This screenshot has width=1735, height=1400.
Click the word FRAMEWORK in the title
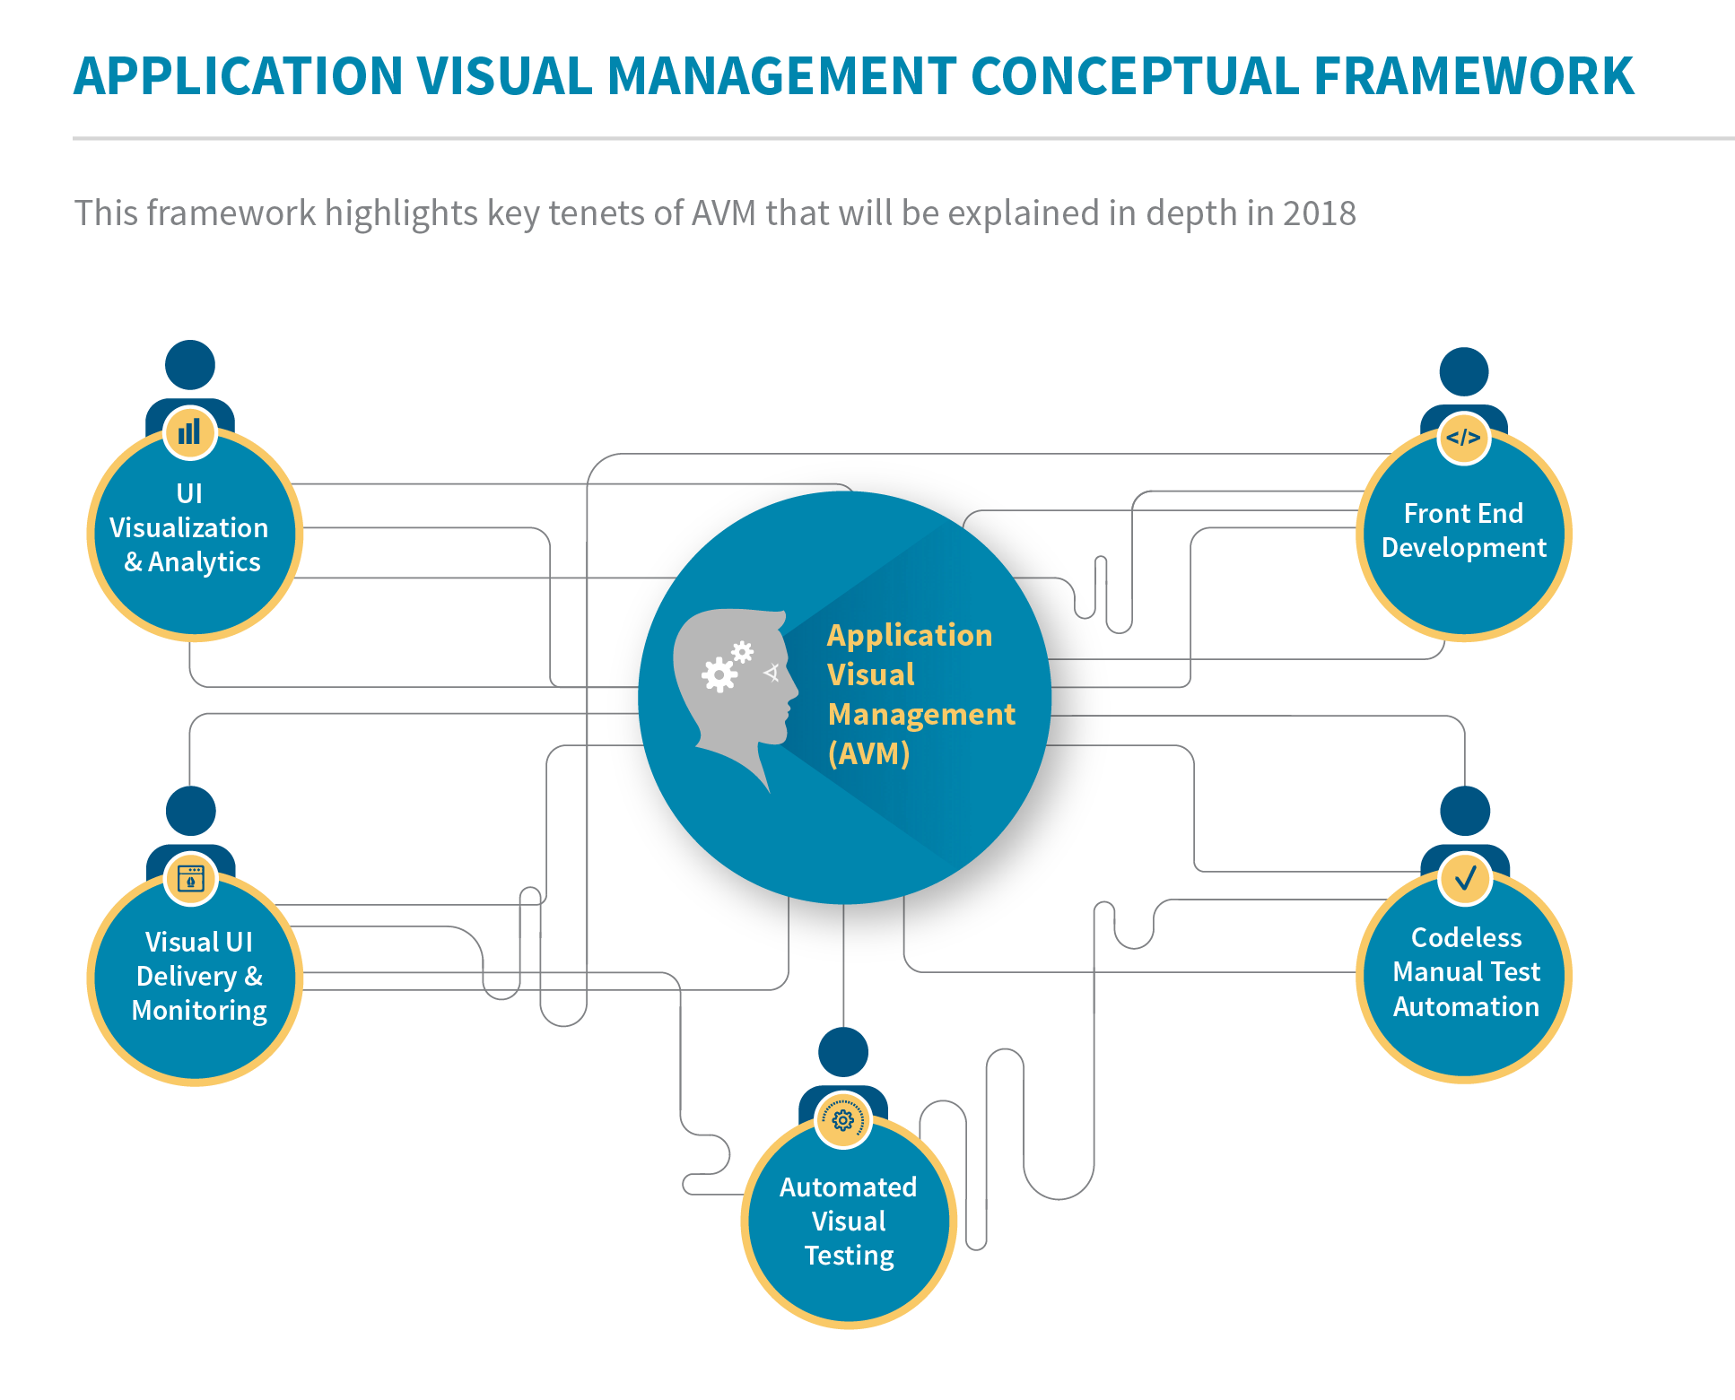tap(1473, 76)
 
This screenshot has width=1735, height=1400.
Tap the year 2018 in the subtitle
tap(1319, 213)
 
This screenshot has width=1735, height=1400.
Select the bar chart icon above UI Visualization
tap(189, 432)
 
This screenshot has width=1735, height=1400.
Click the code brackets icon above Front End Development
tap(1463, 438)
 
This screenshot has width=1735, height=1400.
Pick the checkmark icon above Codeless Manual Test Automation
tap(1465, 878)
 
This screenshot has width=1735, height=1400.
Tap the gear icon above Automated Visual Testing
tap(842, 1120)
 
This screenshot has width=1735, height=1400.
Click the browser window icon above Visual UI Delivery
tap(191, 878)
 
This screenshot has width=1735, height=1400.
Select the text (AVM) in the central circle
tap(868, 753)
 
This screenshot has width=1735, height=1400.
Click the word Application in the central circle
tap(910, 635)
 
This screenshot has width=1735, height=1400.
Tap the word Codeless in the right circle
tap(1466, 937)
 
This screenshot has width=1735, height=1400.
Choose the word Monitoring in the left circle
tap(199, 1011)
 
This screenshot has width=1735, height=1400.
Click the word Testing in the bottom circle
tap(849, 1256)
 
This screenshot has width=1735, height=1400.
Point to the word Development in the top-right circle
tap(1463, 548)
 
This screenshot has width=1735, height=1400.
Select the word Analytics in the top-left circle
tap(204, 562)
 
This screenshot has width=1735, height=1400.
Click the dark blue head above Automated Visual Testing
tap(843, 1051)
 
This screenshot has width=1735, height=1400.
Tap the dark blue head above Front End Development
tap(1463, 371)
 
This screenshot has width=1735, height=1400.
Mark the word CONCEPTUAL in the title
tap(1134, 76)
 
